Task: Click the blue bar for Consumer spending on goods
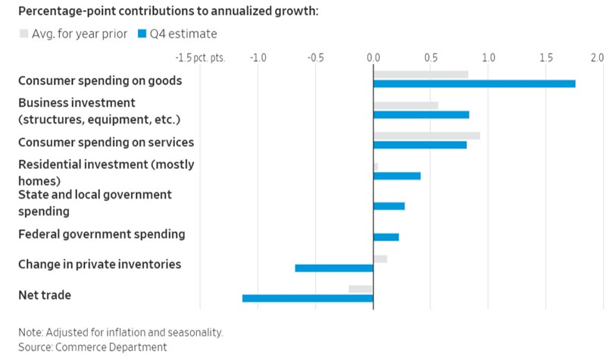pos(474,83)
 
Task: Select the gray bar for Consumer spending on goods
pos(420,74)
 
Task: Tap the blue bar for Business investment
pos(421,114)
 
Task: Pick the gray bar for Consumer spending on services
pos(426,136)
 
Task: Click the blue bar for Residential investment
pos(397,176)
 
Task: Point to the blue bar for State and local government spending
pos(389,206)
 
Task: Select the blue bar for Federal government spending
pos(386,237)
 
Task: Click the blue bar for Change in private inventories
pos(334,268)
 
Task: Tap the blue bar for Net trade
pos(308,298)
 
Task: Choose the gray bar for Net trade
pos(361,289)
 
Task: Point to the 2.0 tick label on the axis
pos(597,58)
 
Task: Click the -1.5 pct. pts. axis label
pos(200,58)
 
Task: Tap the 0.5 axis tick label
pos(430,58)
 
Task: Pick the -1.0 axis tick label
pos(258,58)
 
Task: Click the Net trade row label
pos(45,294)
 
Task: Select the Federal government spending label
pos(102,233)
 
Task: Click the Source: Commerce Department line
pos(92,346)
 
